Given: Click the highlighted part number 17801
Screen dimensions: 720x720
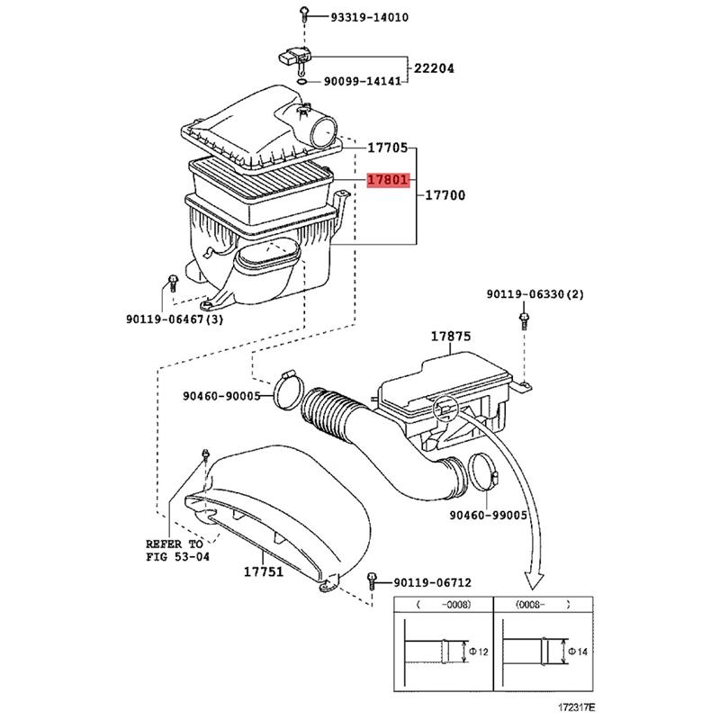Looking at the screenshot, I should (x=388, y=181).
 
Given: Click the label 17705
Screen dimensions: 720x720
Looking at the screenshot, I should (x=388, y=148).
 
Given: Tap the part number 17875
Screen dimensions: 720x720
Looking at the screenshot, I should (x=450, y=337).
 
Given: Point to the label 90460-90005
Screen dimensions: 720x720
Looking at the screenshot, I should (x=221, y=395).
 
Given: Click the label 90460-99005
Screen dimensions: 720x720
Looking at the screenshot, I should (x=488, y=515).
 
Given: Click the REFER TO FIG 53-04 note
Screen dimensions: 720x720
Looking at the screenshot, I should (x=176, y=551).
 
